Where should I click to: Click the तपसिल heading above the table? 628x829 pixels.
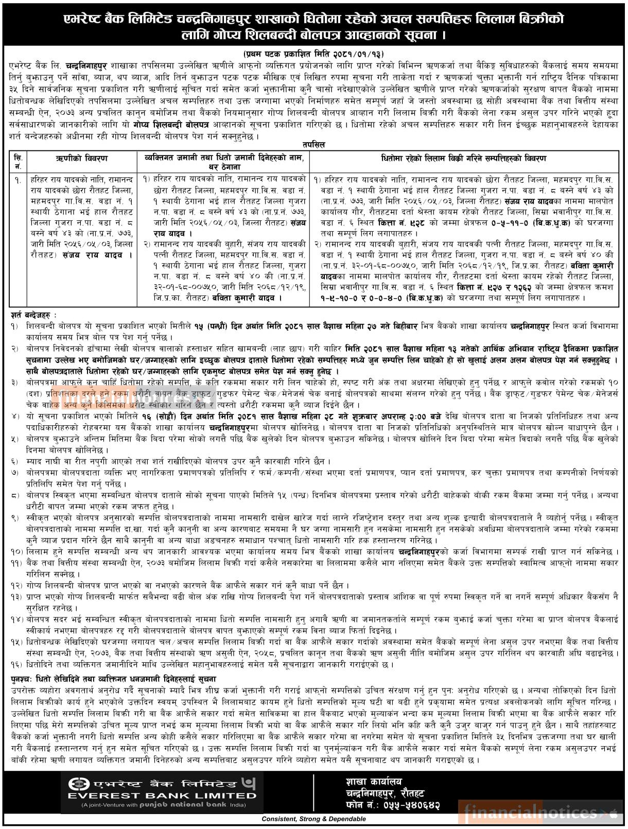coord(313,145)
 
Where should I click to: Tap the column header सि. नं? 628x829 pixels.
coord(18,162)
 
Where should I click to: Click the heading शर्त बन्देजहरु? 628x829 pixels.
coord(33,315)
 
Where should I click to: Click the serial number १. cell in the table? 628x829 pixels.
coord(18,179)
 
